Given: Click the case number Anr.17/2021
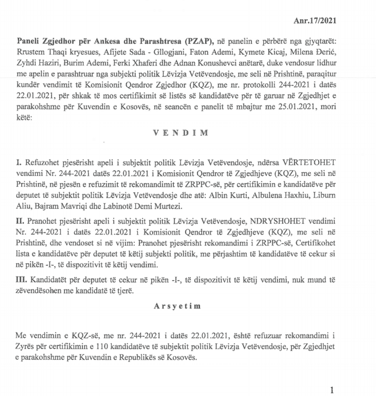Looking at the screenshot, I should (x=315, y=20).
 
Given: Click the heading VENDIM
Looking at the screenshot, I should (x=181, y=133).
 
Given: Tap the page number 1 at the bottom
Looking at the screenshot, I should (x=332, y=390).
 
